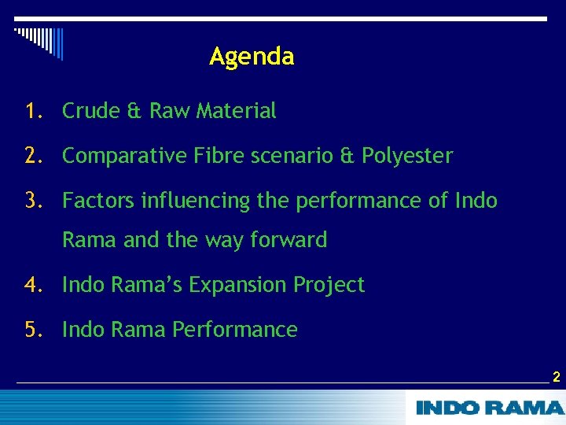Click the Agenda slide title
click(x=252, y=57)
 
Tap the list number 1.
click(x=32, y=112)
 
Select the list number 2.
click(x=32, y=157)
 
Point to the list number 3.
click(x=32, y=201)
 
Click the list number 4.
click(x=32, y=285)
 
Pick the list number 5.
click(x=32, y=330)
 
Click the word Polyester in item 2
click(x=407, y=157)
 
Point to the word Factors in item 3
click(x=98, y=201)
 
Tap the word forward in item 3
click(x=289, y=240)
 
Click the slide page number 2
click(x=556, y=378)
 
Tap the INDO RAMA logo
click(x=489, y=408)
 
